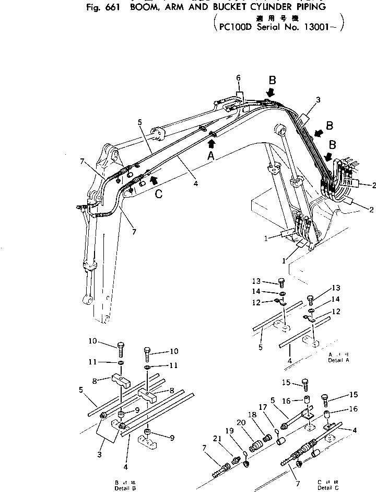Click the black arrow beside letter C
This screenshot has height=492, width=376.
(x=152, y=179)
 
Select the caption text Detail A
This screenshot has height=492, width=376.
(x=338, y=360)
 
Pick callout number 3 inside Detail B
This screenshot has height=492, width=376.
(x=100, y=454)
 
